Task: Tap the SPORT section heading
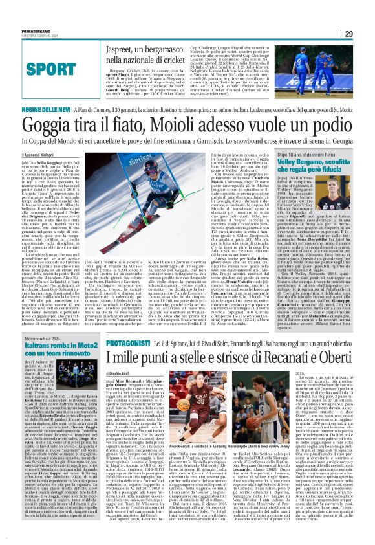40,68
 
